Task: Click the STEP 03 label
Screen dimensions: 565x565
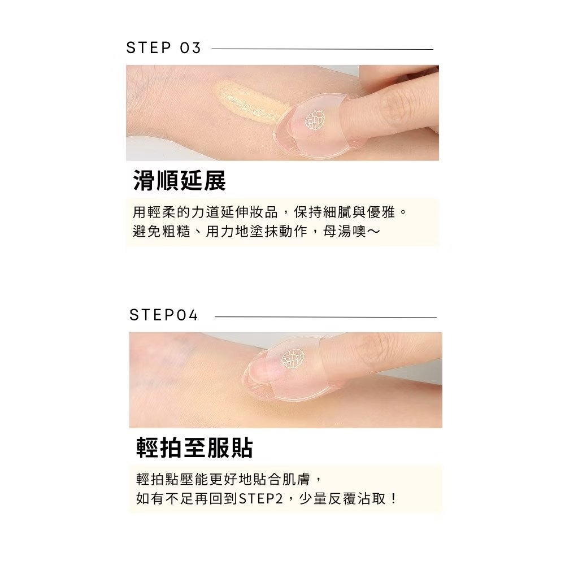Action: tap(163, 48)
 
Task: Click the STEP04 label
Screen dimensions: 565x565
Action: tap(164, 315)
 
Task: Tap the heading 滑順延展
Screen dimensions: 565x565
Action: tap(179, 180)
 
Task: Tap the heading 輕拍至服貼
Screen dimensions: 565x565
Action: tap(194, 447)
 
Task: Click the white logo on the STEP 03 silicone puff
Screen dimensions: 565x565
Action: tap(315, 120)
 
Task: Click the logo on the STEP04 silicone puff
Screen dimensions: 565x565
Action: tap(293, 359)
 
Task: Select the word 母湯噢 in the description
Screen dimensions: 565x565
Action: tap(345, 231)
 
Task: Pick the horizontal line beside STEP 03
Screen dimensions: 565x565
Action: tap(323, 49)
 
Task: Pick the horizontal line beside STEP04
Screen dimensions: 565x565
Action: tap(325, 317)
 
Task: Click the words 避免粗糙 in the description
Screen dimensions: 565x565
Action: tap(162, 231)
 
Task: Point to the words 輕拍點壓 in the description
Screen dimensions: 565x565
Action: tap(165, 480)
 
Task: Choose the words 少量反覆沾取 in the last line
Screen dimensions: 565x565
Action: tap(342, 499)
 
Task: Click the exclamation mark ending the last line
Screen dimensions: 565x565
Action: tap(393, 499)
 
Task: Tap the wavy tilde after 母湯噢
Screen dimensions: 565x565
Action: tap(373, 232)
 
